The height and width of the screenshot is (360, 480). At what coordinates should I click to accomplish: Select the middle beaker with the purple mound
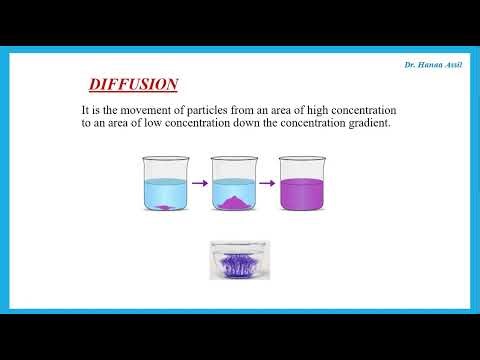(232, 184)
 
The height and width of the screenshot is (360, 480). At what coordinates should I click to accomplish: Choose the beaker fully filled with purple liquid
(303, 184)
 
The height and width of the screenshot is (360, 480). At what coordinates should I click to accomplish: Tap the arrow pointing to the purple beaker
(268, 184)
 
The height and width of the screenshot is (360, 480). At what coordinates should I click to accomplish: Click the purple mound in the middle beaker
(233, 203)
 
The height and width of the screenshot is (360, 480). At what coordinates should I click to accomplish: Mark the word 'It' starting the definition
(86, 108)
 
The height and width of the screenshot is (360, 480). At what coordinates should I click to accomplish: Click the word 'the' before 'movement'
(117, 108)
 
